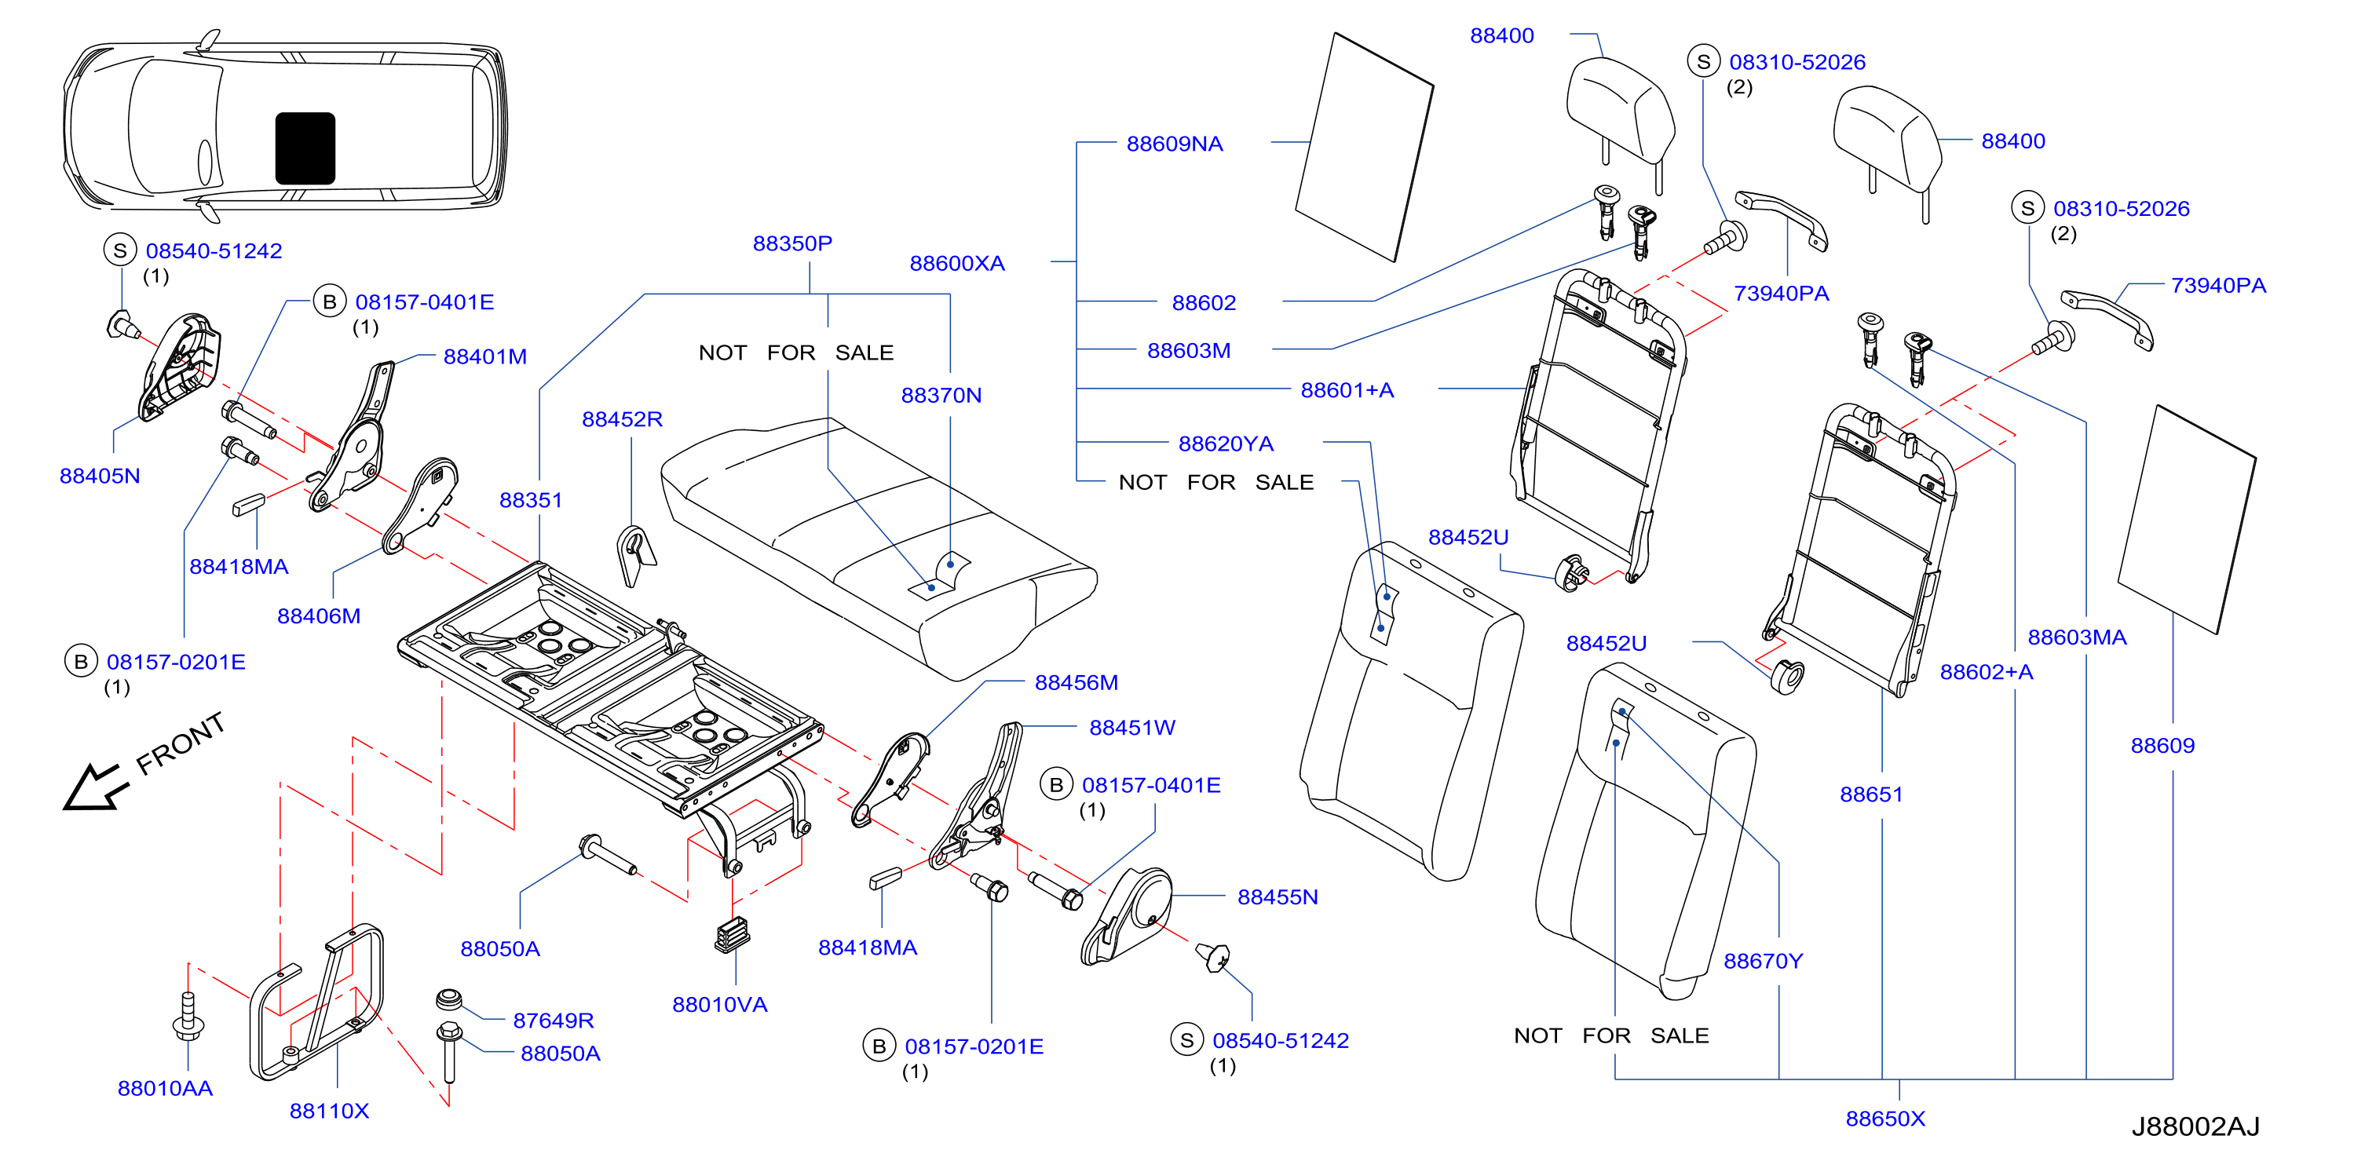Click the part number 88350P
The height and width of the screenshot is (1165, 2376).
pyautogui.click(x=792, y=243)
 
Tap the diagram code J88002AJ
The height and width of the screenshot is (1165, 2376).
pyautogui.click(x=2195, y=1127)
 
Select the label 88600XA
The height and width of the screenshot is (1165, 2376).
pyautogui.click(x=956, y=264)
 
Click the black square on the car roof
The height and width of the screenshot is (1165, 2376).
pyautogui.click(x=305, y=148)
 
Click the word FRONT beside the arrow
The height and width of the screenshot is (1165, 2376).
pyautogui.click(x=181, y=744)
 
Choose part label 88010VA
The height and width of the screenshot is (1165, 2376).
pyautogui.click(x=719, y=1005)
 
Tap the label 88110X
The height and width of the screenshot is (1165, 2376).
pyautogui.click(x=329, y=1111)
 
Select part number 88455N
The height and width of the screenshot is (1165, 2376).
pyautogui.click(x=1278, y=897)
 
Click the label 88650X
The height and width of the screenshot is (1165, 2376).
pyautogui.click(x=1885, y=1118)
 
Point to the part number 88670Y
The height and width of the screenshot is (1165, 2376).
pyautogui.click(x=1763, y=961)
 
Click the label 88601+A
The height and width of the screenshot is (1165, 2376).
pyautogui.click(x=1347, y=390)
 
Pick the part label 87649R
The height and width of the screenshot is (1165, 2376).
pyautogui.click(x=554, y=1021)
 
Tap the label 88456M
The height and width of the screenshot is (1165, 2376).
pyautogui.click(x=1077, y=682)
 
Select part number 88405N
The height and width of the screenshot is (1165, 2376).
pyautogui.click(x=100, y=476)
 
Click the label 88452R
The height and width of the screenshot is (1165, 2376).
pyautogui.click(x=622, y=418)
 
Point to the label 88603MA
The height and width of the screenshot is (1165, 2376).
pyautogui.click(x=2076, y=637)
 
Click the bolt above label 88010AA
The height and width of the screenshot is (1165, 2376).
pyautogui.click(x=188, y=1018)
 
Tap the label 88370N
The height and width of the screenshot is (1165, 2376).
pyautogui.click(x=941, y=395)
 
